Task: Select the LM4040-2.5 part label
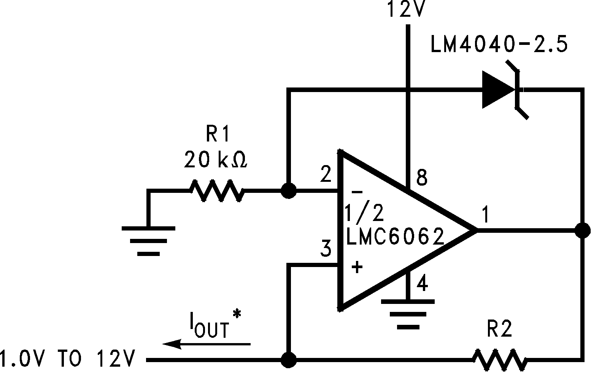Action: pos(499,45)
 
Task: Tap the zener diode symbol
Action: pos(502,91)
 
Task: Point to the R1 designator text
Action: pos(218,134)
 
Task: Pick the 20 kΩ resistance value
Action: pos(216,160)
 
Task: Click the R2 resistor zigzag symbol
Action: pos(499,359)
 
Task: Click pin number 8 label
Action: pos(422,177)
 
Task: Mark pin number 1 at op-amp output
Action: pos(485,215)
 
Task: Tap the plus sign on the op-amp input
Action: pos(357,267)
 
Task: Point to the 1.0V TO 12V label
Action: pos(68,358)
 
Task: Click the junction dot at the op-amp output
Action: pos(582,231)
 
